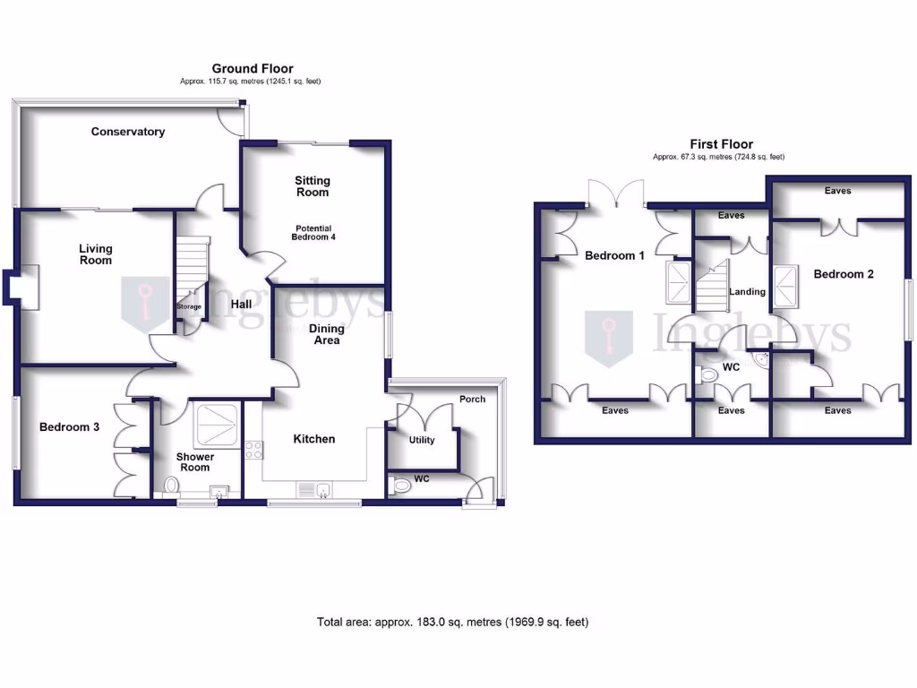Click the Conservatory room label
click(128, 132)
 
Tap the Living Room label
click(96, 254)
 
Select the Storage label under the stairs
click(189, 307)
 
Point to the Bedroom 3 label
click(69, 427)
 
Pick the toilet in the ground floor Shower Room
click(170, 486)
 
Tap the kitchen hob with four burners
click(253, 450)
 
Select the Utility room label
click(422, 440)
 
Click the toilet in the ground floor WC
click(401, 486)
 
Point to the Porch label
click(472, 399)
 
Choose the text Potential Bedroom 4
click(312, 232)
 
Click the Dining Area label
click(327, 334)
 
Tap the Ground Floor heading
click(252, 68)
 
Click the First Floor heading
click(721, 143)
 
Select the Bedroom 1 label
click(614, 255)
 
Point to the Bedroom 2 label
click(843, 274)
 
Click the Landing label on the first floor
click(747, 291)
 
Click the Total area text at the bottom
click(452, 622)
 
